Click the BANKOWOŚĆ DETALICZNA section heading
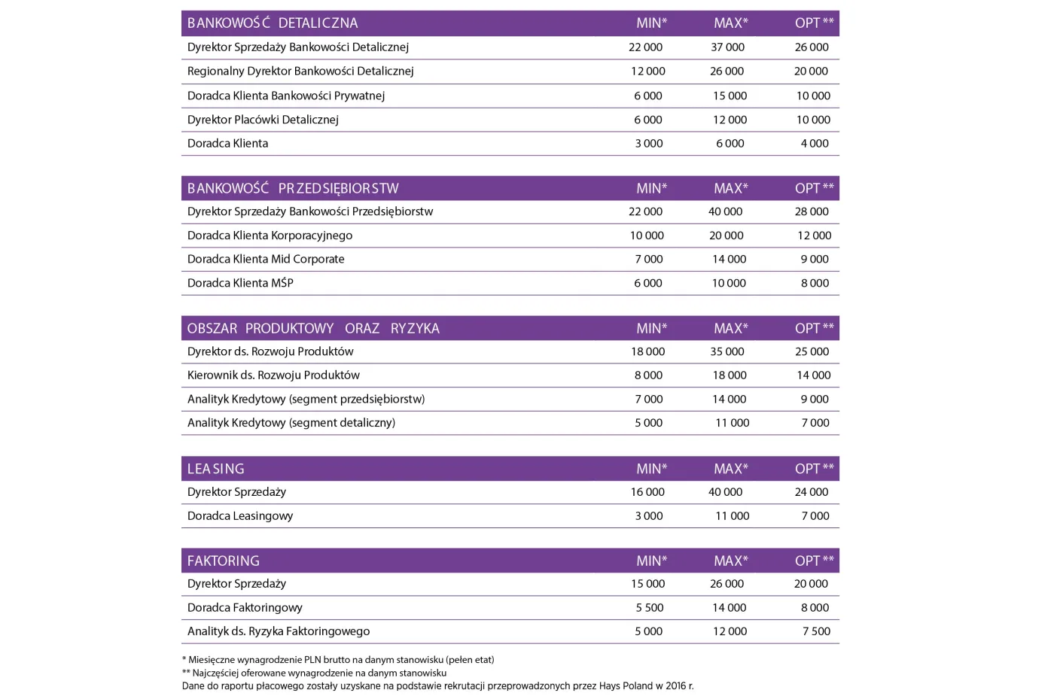(273, 23)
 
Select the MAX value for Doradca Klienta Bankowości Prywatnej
(730, 96)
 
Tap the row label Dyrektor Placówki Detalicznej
(263, 120)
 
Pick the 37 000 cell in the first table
(727, 47)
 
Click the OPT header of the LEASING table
(814, 469)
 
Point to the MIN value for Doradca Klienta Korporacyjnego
(647, 236)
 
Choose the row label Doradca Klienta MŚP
(240, 283)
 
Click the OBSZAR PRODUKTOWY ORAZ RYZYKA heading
(313, 329)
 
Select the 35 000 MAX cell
(727, 351)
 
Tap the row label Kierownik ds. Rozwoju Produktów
(273, 375)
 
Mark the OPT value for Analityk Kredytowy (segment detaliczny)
(815, 423)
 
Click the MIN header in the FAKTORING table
(651, 561)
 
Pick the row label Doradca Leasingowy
(240, 516)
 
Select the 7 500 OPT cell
(816, 632)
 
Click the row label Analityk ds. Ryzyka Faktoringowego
(279, 632)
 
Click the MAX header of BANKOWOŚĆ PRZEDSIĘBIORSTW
(730, 189)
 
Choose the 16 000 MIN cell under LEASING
(647, 492)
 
